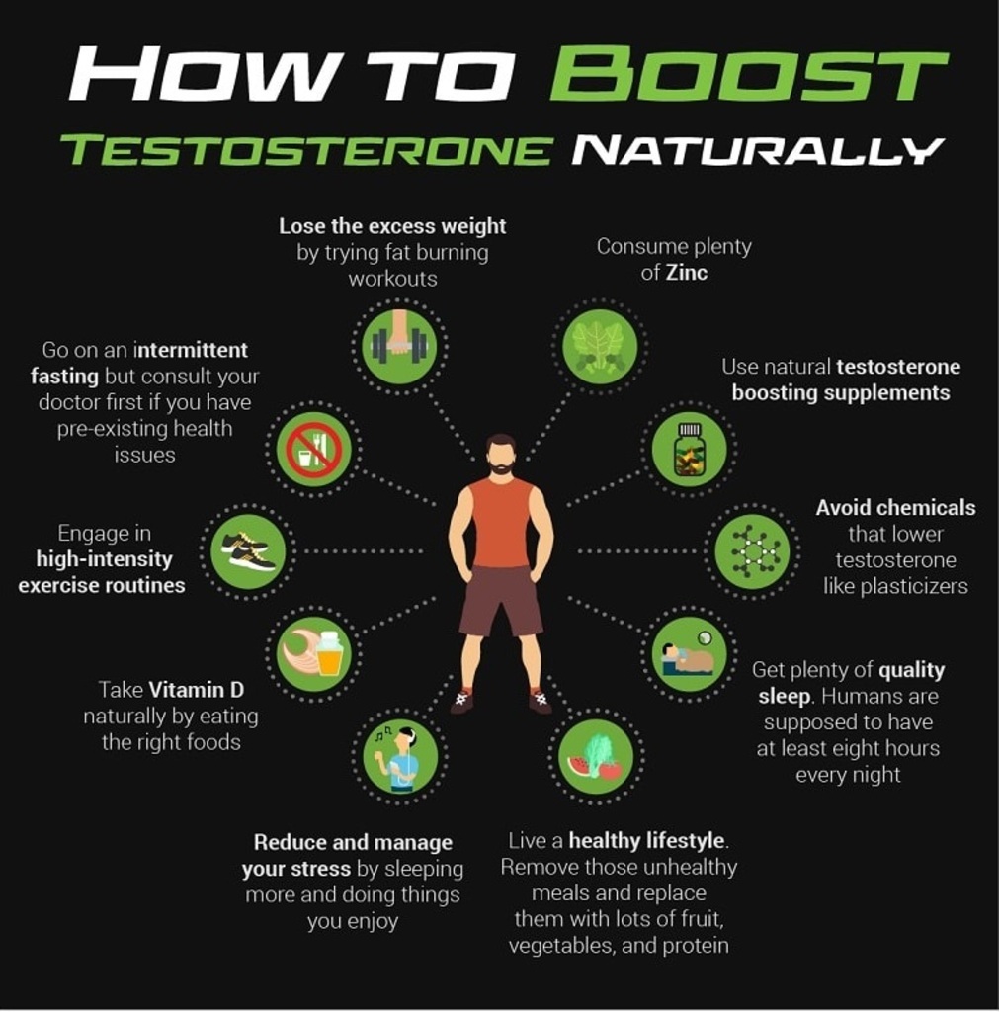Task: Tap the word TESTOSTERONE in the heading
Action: pyautogui.click(x=305, y=150)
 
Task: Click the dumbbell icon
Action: pyautogui.click(x=399, y=346)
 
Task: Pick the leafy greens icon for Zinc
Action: pyautogui.click(x=600, y=347)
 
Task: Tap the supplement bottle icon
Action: pyautogui.click(x=689, y=449)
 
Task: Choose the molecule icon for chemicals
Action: pyautogui.click(x=752, y=551)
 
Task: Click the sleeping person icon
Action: pyautogui.click(x=689, y=654)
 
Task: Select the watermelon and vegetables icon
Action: pyautogui.click(x=596, y=756)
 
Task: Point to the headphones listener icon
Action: pyautogui.click(x=400, y=756)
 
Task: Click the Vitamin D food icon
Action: pyautogui.click(x=313, y=654)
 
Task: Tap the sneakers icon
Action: pyautogui.click(x=248, y=551)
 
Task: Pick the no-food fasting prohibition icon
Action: pyautogui.click(x=313, y=449)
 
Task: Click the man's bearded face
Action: pyautogui.click(x=501, y=456)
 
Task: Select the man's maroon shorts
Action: pyautogui.click(x=501, y=600)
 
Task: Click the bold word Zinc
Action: pyautogui.click(x=687, y=273)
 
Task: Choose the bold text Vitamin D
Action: pyautogui.click(x=197, y=690)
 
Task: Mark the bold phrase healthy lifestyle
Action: pyautogui.click(x=646, y=841)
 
